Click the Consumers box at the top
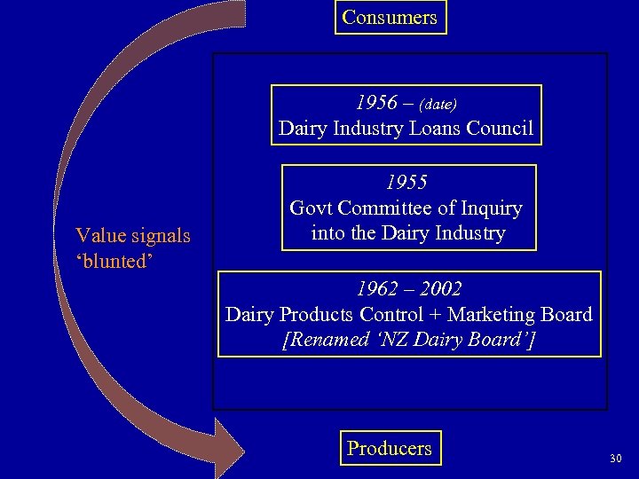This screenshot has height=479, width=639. click(x=390, y=18)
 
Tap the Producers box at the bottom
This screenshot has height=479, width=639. click(x=390, y=449)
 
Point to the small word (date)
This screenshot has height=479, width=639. click(x=438, y=105)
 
